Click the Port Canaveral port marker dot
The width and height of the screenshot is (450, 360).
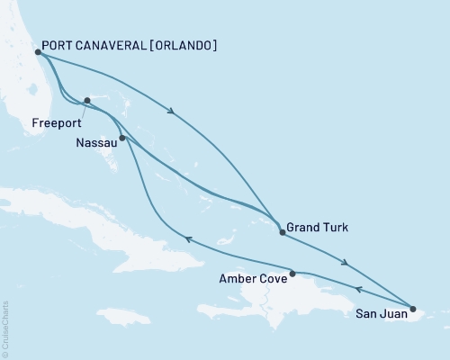click(x=38, y=51)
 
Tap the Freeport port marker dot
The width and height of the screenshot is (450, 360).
click(x=86, y=101)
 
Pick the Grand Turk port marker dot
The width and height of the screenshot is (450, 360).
click(x=283, y=232)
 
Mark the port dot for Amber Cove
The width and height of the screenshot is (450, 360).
click(x=292, y=273)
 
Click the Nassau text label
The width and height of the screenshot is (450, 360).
click(x=92, y=142)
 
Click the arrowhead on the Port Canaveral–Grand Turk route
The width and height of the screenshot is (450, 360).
click(x=171, y=112)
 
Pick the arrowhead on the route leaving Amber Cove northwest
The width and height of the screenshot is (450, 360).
click(x=186, y=238)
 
